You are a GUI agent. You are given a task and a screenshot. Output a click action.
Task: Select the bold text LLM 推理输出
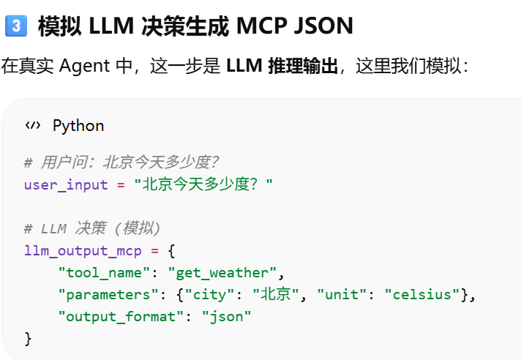coord(282,67)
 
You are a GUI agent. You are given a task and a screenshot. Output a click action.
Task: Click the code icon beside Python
coord(33,125)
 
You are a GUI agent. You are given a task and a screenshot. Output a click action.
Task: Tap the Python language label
coord(78,125)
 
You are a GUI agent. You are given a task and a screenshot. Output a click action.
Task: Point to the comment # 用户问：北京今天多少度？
coord(121,162)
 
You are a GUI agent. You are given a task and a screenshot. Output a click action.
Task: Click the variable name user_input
coord(67,184)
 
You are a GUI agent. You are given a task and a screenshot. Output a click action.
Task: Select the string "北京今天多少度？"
coord(203,184)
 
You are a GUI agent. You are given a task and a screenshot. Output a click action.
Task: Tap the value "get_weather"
coord(222,273)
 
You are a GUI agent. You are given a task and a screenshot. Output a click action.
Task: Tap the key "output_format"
coord(118,317)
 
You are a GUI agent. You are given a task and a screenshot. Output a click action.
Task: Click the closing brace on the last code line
coord(29,339)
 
